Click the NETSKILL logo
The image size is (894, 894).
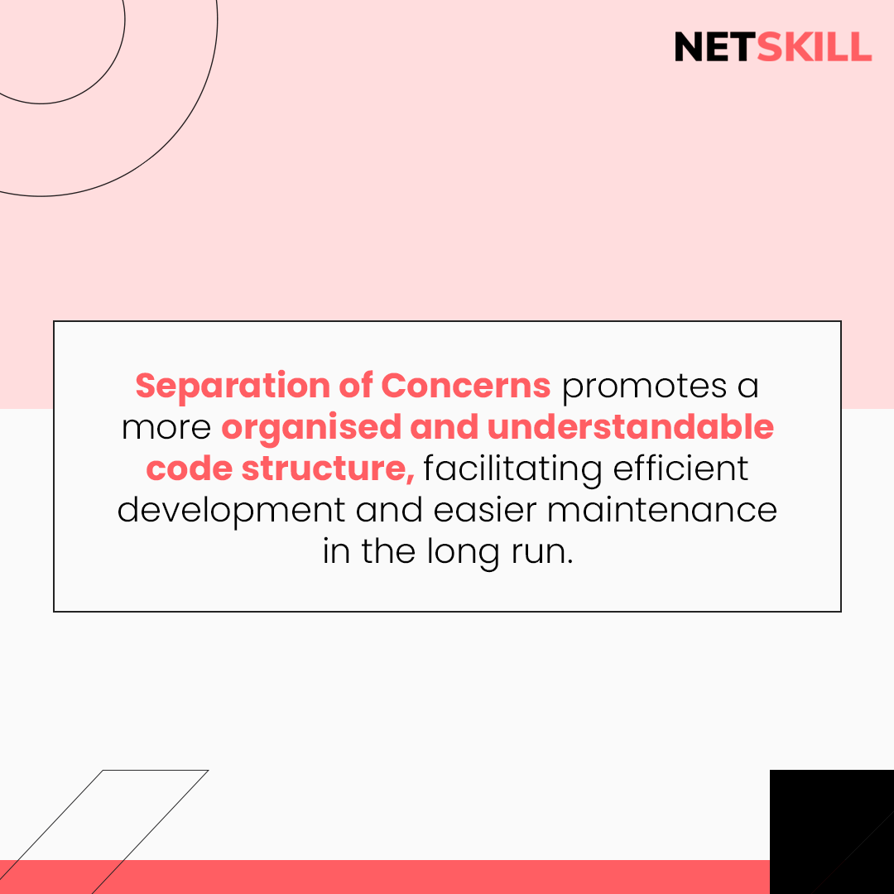(772, 47)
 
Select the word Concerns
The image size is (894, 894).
(466, 386)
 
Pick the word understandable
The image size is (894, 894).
(631, 427)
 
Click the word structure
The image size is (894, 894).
(328, 469)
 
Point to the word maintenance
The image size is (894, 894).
(662, 510)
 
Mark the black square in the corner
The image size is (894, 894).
(831, 831)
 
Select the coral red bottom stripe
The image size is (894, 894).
(414, 877)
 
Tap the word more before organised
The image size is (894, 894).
(166, 427)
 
